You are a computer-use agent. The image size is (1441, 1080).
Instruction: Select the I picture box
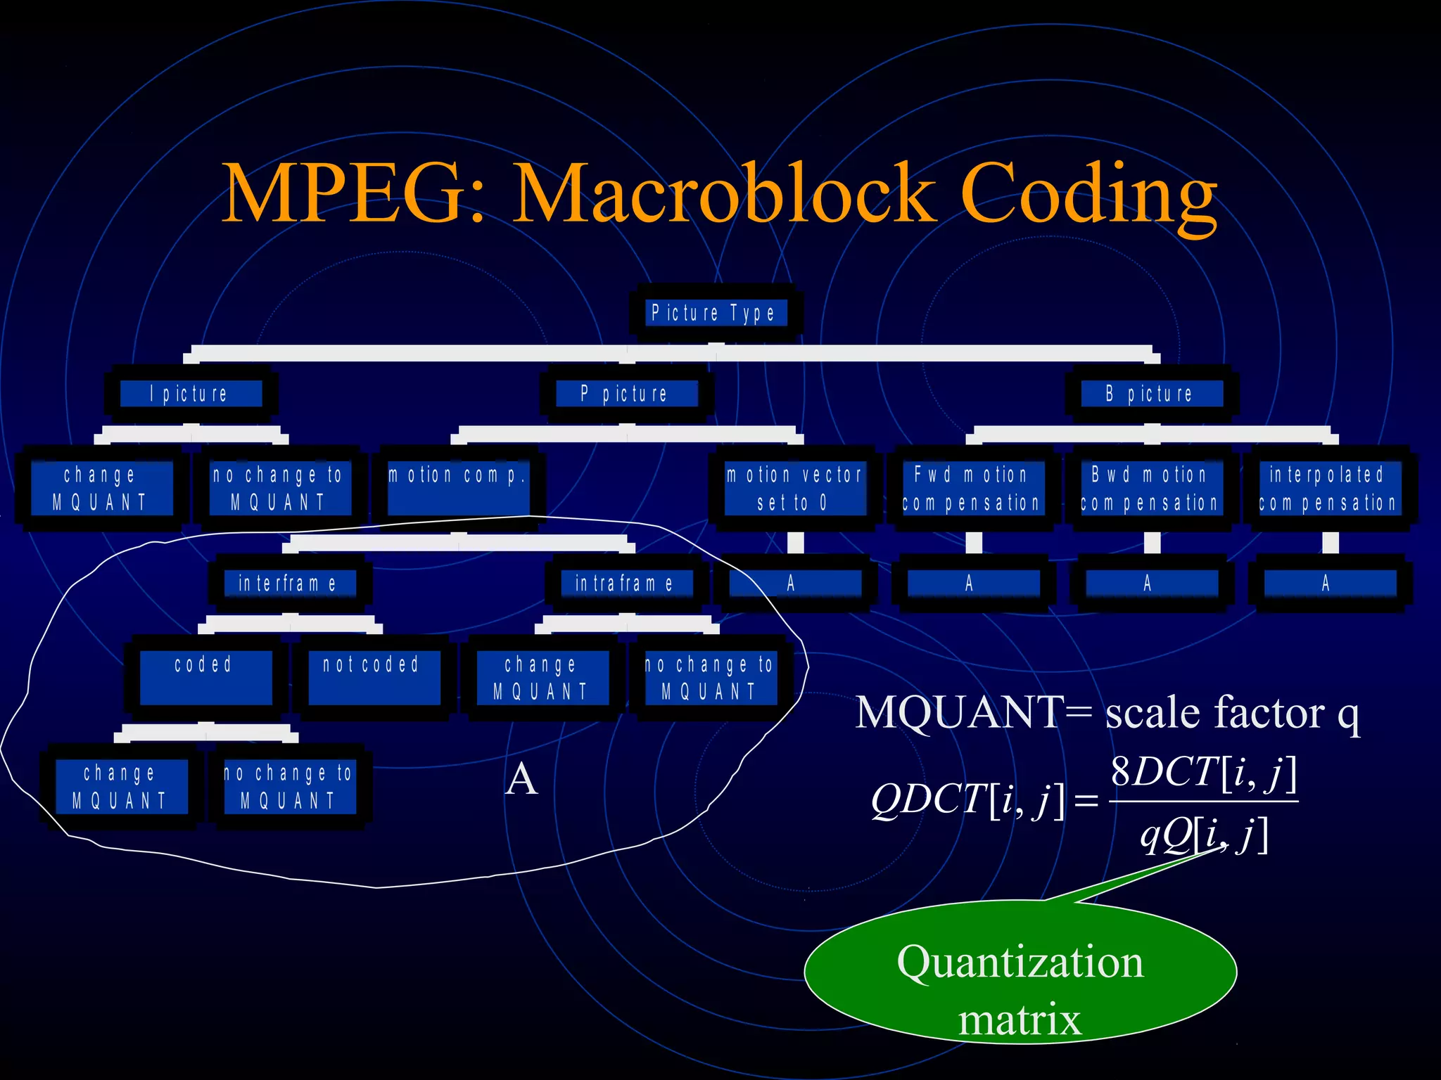(191, 394)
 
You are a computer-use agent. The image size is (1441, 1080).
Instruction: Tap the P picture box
(627, 394)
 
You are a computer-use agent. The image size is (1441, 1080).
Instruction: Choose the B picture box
(1151, 394)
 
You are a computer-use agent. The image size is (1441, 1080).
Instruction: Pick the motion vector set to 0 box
(794, 488)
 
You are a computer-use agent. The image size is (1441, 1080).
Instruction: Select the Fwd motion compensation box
(972, 488)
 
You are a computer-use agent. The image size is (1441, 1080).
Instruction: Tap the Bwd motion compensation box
(1150, 488)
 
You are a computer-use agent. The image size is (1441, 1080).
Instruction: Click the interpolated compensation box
(1328, 488)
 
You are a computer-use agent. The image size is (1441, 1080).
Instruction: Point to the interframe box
(289, 583)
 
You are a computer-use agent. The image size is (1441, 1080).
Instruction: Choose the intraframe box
(626, 583)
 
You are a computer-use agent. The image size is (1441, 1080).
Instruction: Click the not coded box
(374, 676)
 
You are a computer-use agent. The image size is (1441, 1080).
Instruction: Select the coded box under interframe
(205, 676)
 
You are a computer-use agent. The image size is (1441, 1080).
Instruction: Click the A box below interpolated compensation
(1328, 583)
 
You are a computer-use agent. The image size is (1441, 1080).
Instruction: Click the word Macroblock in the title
(725, 193)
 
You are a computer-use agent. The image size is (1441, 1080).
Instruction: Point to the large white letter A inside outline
(521, 779)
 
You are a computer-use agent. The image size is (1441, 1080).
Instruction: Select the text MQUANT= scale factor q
(1107, 712)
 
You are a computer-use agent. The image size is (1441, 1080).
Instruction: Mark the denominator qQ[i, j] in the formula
(1203, 835)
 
